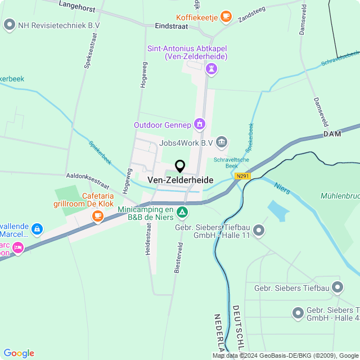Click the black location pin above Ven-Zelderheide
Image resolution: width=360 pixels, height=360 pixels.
(180, 166)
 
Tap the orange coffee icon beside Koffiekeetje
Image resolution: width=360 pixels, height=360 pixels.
(226, 16)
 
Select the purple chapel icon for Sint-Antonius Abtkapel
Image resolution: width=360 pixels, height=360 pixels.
(211, 69)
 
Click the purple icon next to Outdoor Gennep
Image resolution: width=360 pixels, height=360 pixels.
(199, 124)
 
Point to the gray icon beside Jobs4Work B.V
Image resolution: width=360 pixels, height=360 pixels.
(222, 142)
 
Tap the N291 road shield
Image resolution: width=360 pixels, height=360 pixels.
(242, 176)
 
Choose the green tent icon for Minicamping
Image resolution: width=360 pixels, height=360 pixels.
(182, 213)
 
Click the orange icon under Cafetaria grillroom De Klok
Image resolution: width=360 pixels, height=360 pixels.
(98, 215)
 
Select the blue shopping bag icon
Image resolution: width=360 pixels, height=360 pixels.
(37, 229)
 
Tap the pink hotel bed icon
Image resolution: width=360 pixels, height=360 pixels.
(19, 247)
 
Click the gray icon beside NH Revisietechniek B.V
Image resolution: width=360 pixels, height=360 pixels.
(9, 25)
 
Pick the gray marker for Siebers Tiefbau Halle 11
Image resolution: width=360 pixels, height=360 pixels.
(259, 229)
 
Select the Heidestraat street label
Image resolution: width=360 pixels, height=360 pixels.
(149, 239)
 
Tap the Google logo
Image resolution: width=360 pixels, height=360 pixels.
(19, 353)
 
